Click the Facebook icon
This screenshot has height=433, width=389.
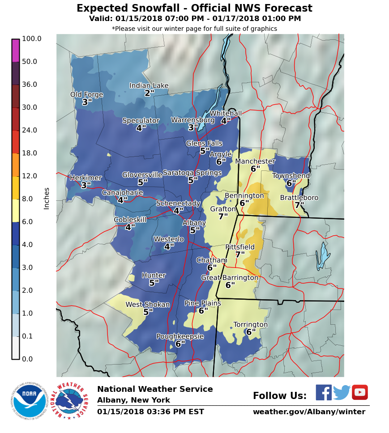click(324, 392)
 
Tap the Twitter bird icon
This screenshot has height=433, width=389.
click(342, 392)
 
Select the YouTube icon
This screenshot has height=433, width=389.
click(359, 392)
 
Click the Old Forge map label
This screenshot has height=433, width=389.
click(86, 95)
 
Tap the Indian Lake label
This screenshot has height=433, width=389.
click(149, 86)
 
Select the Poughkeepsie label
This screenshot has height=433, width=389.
click(180, 336)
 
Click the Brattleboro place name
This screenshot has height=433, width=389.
click(299, 198)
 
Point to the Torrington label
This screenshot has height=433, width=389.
click(251, 325)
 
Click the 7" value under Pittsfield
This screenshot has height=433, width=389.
click(240, 255)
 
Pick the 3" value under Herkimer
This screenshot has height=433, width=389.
click(86, 185)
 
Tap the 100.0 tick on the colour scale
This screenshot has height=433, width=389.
click(31, 39)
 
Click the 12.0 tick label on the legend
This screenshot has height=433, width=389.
click(30, 176)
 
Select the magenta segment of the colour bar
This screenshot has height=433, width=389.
click(16, 51)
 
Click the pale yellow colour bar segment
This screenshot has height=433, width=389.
click(16, 210)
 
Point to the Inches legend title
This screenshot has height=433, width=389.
click(47, 198)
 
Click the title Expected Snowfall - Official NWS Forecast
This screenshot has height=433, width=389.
click(194, 8)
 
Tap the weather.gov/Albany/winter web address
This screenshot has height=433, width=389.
click(309, 412)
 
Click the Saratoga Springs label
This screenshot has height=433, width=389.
click(192, 173)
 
